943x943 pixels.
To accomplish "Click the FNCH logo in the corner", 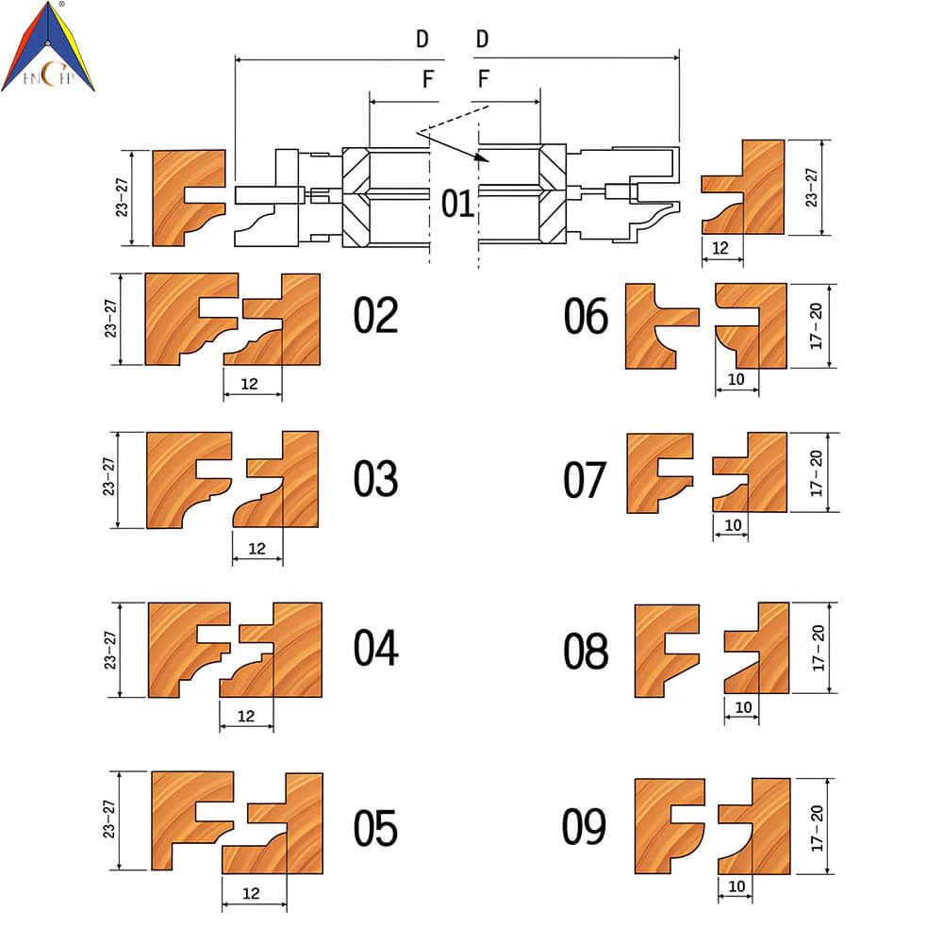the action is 48,46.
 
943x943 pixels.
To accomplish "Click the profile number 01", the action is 457,204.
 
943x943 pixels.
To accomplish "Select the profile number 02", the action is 376,315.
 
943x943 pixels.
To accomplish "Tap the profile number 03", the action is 376,479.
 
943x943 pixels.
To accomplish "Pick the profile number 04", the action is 376,648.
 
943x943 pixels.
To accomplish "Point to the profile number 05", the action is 376,828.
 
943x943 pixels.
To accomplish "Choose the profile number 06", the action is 586,316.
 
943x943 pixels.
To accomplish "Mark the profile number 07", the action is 585,480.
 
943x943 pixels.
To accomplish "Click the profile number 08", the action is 586,652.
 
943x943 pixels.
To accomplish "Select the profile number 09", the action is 584,827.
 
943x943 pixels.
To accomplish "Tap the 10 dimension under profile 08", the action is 743,707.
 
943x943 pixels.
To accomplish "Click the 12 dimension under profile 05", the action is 252,893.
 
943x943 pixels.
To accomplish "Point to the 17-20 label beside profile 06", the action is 816,326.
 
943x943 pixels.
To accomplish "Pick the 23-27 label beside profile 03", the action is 108,477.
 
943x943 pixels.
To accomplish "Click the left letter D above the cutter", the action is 422,39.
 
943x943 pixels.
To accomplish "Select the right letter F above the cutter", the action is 484,78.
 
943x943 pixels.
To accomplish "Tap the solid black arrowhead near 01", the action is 481,158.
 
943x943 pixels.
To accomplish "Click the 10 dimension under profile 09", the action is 736,885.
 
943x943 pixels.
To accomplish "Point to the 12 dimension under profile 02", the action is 250,384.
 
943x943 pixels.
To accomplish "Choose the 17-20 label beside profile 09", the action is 816,829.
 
